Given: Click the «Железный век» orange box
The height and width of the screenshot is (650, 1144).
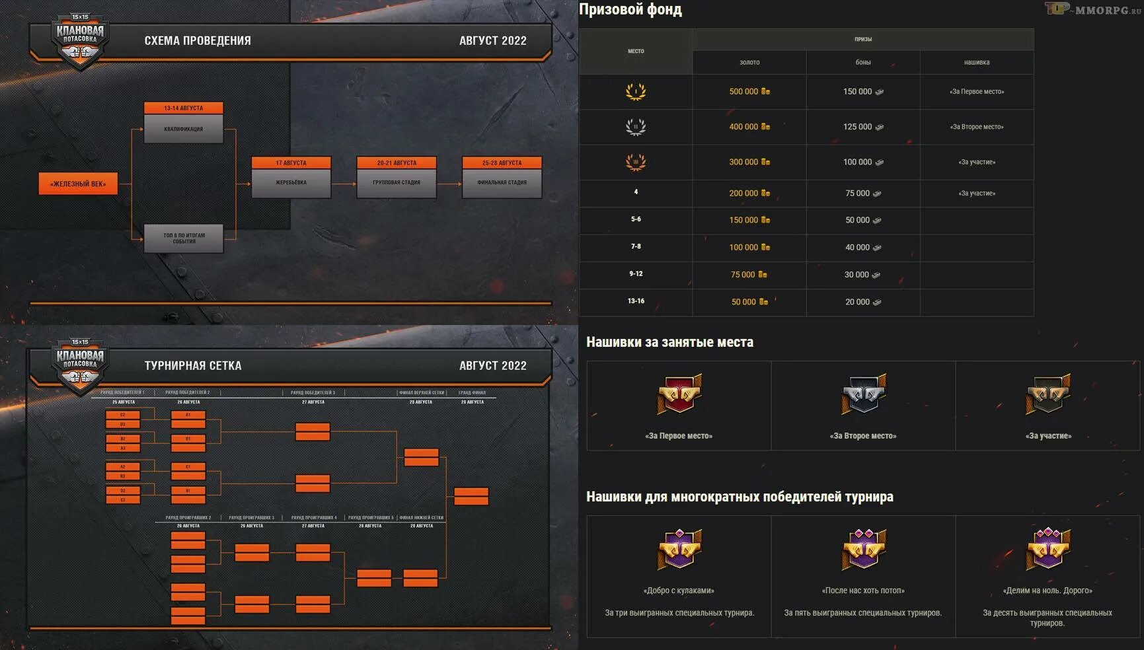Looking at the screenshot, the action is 78,184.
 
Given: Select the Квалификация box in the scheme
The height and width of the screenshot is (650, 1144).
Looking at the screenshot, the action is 184,129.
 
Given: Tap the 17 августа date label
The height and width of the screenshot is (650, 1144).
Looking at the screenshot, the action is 291,162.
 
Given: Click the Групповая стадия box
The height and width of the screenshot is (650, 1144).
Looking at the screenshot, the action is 397,182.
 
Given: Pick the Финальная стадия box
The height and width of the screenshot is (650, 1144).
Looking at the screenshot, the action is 502,182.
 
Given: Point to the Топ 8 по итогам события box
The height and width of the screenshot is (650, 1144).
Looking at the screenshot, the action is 184,238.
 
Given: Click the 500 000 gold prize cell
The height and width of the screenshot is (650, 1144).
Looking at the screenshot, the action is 749,92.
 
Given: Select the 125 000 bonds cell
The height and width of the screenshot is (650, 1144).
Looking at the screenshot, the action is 862,127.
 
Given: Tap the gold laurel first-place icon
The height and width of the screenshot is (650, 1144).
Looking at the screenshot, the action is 636,91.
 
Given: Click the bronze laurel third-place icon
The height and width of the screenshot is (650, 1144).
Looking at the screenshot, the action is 636,162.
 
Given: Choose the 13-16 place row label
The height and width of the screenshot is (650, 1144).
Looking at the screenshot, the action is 636,301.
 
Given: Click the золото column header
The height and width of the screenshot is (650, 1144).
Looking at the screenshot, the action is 749,62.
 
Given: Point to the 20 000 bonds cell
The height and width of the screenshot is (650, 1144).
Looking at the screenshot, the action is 862,302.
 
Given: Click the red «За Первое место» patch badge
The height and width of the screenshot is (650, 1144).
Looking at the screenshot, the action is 679,394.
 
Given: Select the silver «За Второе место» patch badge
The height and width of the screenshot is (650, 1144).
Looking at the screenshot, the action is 863,394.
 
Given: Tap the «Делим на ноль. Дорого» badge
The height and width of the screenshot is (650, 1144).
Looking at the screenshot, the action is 1048,549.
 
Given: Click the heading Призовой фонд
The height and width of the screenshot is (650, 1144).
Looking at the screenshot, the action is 630,9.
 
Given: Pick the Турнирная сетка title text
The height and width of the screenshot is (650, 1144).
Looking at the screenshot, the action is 193,365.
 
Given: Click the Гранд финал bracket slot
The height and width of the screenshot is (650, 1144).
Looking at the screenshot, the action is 471,496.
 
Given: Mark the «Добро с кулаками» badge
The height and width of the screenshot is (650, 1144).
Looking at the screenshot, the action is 679,549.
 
